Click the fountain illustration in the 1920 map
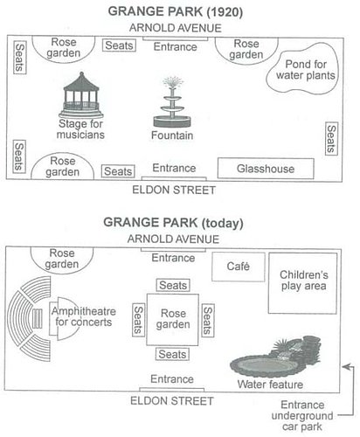(172, 102)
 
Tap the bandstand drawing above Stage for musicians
(81, 95)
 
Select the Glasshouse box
(266, 169)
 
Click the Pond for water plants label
(306, 70)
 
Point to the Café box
(239, 267)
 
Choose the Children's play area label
(303, 281)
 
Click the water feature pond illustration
(275, 357)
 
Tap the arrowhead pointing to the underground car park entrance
(346, 367)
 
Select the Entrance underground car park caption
(302, 416)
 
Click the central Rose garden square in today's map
(173, 320)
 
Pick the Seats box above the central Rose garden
(173, 285)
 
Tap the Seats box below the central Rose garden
(172, 354)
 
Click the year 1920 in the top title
(225, 12)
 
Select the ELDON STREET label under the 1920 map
(174, 190)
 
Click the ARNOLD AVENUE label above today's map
(173, 239)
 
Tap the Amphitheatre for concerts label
(84, 316)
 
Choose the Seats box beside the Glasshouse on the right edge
(331, 139)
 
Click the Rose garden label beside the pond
(246, 49)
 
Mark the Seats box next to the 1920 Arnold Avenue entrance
(119, 45)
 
